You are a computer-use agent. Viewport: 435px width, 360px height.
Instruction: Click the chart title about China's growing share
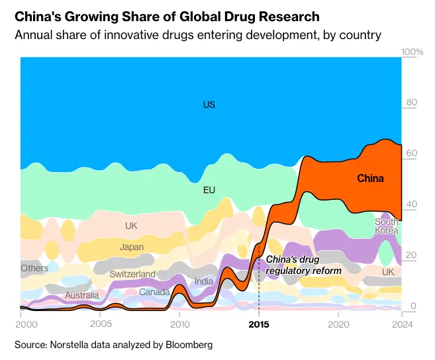tap(167, 17)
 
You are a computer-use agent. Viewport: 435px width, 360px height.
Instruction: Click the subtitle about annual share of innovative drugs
tap(198, 34)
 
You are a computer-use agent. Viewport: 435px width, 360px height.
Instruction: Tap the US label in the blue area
tap(209, 105)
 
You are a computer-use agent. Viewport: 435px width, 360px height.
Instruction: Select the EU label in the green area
tap(209, 191)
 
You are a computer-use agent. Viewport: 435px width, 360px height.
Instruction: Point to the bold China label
tap(370, 178)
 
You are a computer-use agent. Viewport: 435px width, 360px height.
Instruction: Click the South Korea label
tap(387, 226)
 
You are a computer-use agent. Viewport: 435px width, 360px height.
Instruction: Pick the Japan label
tap(132, 247)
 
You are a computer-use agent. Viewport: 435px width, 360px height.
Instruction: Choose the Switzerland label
tap(132, 274)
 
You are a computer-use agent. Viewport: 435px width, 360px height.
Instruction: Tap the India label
tap(204, 281)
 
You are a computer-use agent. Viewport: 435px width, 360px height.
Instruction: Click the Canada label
tap(154, 292)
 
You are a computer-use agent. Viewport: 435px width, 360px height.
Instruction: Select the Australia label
tap(82, 295)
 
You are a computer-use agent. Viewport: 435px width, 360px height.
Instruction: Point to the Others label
tap(34, 269)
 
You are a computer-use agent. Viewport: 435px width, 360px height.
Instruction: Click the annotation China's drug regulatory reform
tap(303, 265)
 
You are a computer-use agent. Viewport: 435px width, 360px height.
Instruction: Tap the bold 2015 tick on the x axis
tap(259, 325)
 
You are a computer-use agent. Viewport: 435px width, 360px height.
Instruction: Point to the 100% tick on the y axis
tap(413, 52)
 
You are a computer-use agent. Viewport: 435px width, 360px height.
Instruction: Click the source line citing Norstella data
tap(113, 345)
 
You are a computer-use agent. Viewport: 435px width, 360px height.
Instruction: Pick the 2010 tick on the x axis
tap(179, 325)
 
